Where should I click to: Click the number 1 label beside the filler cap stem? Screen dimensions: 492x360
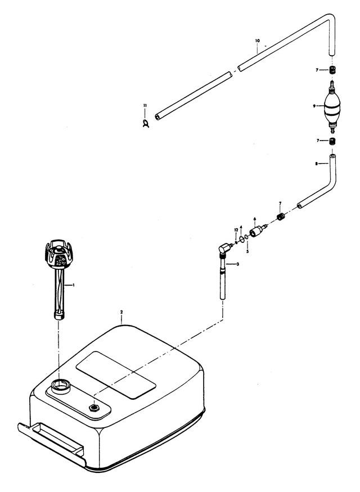[x=73, y=286]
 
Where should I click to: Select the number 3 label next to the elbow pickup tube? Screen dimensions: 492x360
[x=237, y=264]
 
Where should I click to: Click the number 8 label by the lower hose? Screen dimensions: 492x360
[x=317, y=164]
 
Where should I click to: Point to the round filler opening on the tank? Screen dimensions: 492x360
[x=60, y=386]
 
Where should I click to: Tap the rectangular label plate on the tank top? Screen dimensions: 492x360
[x=115, y=375]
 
